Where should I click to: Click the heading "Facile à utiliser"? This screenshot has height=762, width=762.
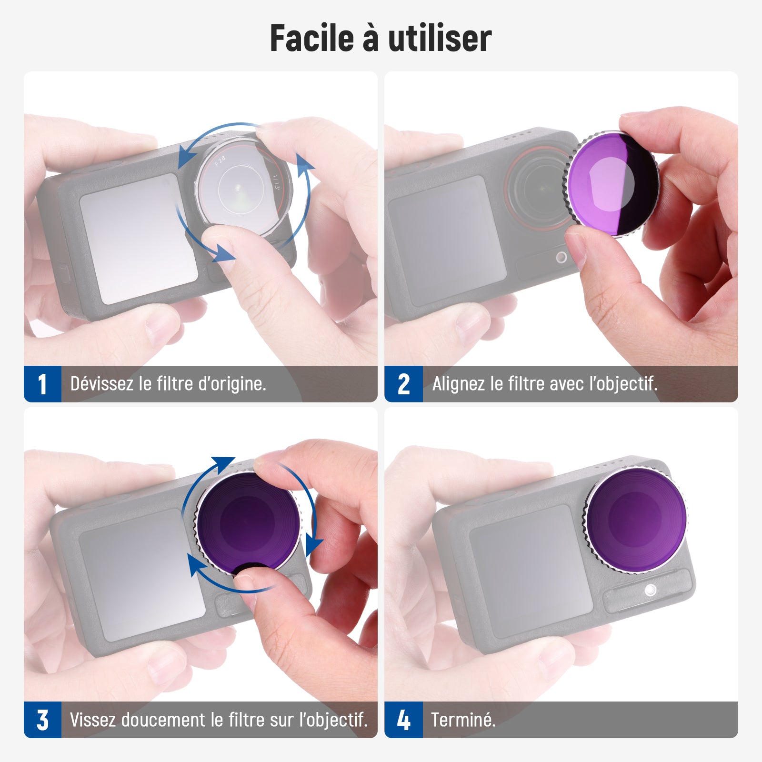click(x=381, y=38)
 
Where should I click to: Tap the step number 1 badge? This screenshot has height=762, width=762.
click(x=42, y=384)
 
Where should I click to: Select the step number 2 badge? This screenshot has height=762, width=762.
click(x=403, y=384)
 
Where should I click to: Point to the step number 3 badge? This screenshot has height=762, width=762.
click(x=42, y=720)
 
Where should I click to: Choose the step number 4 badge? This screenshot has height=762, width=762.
click(x=403, y=720)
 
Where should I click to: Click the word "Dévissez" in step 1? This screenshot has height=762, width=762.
click(x=101, y=383)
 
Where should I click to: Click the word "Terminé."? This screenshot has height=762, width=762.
click(x=463, y=719)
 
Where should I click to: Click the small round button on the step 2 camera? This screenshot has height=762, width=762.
click(x=561, y=258)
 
